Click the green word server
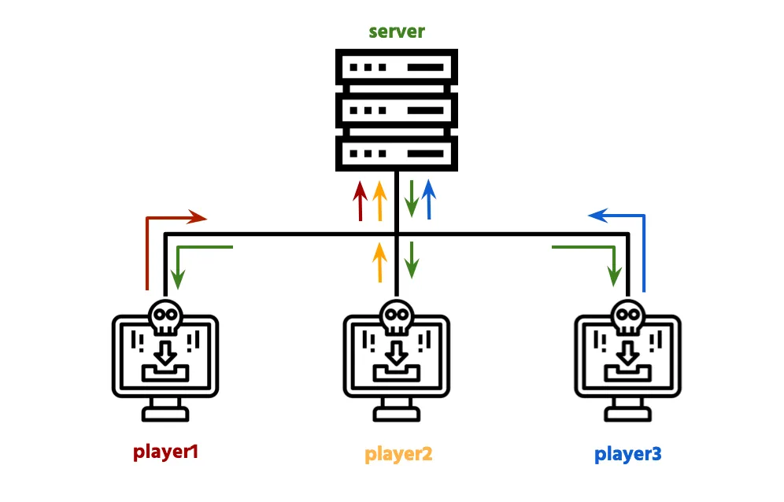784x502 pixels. click(x=397, y=31)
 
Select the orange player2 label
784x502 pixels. click(x=398, y=454)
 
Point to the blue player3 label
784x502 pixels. click(x=628, y=454)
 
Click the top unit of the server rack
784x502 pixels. click(x=396, y=68)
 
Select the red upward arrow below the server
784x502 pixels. click(x=361, y=201)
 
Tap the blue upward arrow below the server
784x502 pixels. click(x=429, y=201)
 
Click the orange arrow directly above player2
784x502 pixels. click(x=379, y=262)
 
